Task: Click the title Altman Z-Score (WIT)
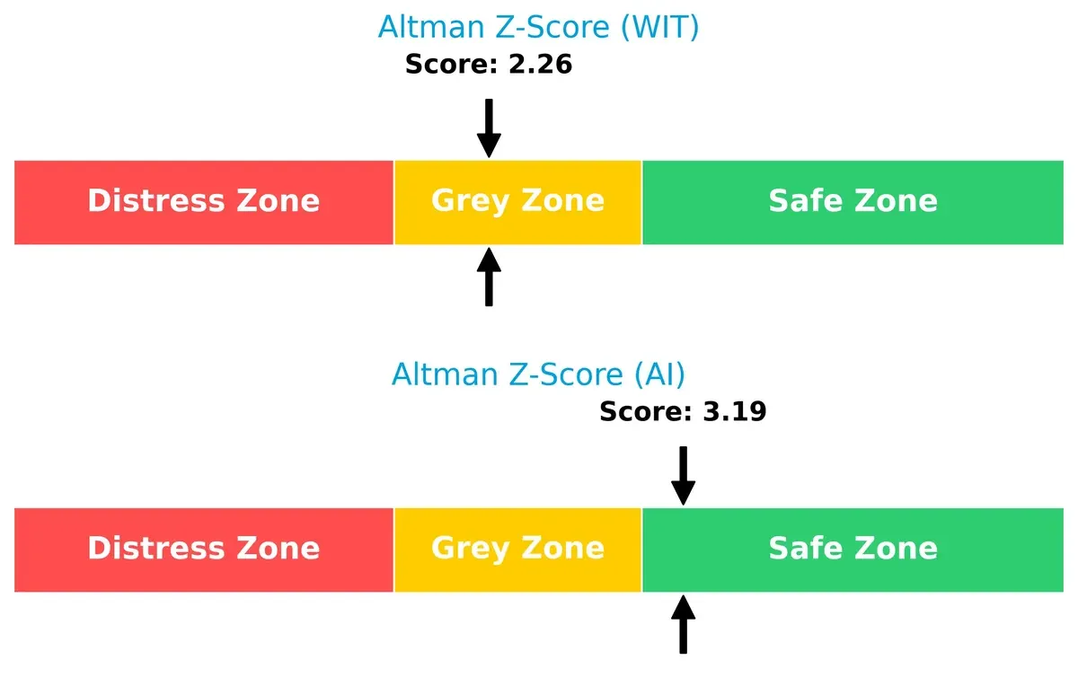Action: (x=538, y=27)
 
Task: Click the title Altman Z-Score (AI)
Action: (x=538, y=374)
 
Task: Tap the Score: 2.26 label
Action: (x=489, y=65)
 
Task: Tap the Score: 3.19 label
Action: (x=683, y=412)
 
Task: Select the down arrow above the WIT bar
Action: (x=489, y=128)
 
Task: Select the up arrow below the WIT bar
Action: (x=489, y=277)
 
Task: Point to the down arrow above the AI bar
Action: (x=683, y=475)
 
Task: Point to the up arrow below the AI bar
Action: (x=683, y=624)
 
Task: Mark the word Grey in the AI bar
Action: (x=467, y=548)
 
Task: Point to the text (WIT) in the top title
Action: (x=658, y=27)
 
